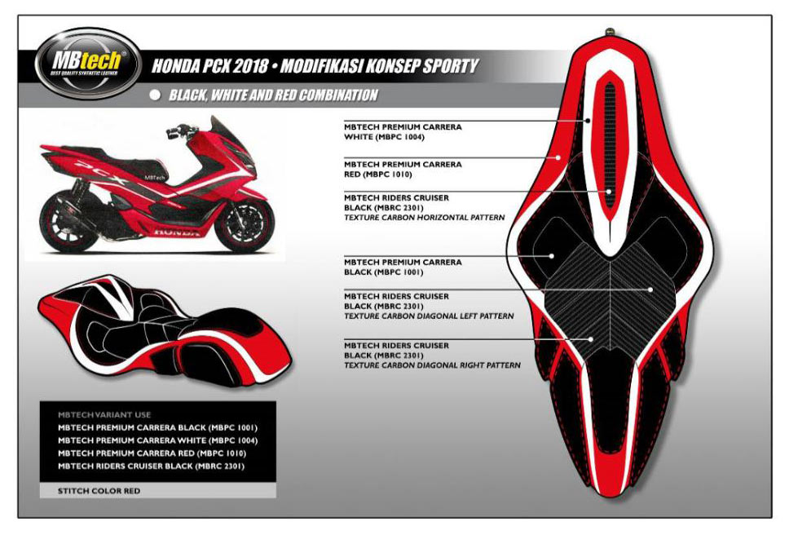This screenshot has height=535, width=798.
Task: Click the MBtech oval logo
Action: tap(87, 63)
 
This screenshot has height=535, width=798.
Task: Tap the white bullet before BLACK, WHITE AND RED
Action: tap(156, 95)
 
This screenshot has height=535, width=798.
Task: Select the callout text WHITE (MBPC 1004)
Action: tap(384, 137)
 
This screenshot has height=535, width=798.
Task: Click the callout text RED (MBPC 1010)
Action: tap(378, 174)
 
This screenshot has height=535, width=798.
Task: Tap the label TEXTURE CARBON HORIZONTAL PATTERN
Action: tap(425, 218)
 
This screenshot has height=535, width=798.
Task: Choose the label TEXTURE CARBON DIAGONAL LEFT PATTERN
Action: tap(429, 316)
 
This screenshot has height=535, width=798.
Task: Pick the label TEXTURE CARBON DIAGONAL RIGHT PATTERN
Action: tap(433, 365)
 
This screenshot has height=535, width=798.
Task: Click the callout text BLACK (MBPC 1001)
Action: tap(384, 272)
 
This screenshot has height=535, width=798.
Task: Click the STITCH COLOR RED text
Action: tap(99, 491)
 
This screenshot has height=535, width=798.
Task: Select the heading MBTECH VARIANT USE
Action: tap(104, 415)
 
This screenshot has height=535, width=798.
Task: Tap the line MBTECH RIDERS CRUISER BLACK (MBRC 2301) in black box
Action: tap(151, 466)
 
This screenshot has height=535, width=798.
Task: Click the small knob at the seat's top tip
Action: tap(610, 33)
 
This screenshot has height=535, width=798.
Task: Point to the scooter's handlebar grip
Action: tap(173, 134)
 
